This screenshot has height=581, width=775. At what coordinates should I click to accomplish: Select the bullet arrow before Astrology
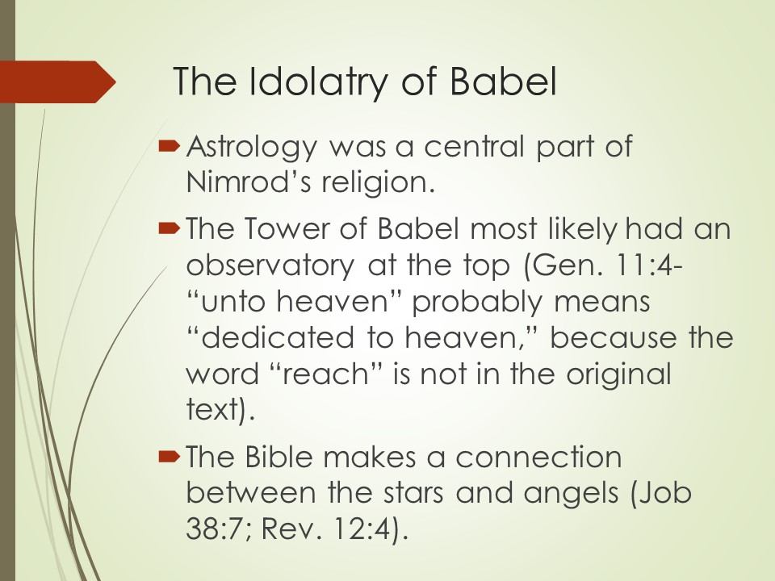coord(168,146)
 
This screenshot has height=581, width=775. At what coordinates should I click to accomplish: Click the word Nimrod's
coord(249,182)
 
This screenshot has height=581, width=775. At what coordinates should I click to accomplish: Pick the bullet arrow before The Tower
coord(168,228)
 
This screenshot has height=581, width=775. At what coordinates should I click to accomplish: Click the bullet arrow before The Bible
coord(168,457)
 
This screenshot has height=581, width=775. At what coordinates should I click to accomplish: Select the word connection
coord(538,457)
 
